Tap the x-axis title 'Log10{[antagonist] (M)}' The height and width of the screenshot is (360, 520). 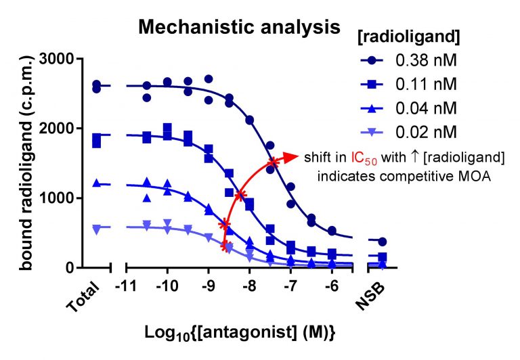pyautogui.click(x=240, y=333)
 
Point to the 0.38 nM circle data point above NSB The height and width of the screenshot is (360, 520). pyautogui.click(x=383, y=242)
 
